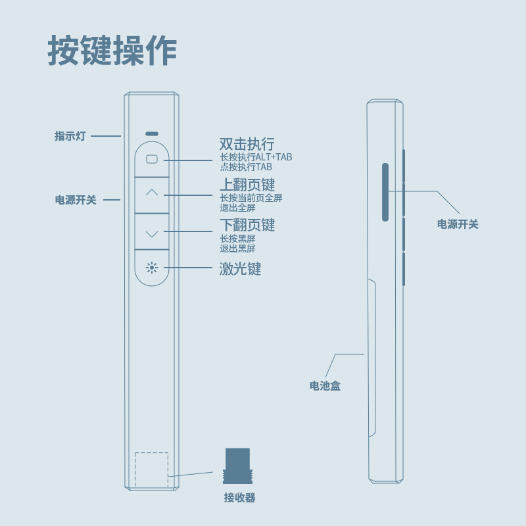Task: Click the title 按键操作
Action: pyautogui.click(x=112, y=51)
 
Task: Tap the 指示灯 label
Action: pyautogui.click(x=70, y=136)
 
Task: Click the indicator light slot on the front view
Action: pyautogui.click(x=152, y=133)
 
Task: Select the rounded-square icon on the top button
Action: pyautogui.click(x=152, y=159)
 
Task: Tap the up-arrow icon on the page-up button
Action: pyautogui.click(x=152, y=193)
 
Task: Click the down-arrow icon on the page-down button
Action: pyautogui.click(x=152, y=233)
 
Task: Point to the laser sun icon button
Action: pyautogui.click(x=152, y=268)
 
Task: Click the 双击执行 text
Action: pyautogui.click(x=247, y=144)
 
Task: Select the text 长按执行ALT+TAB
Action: pyautogui.click(x=256, y=157)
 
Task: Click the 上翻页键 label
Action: pyautogui.click(x=247, y=185)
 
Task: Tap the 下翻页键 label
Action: pyautogui.click(x=247, y=226)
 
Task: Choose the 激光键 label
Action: pyautogui.click(x=240, y=269)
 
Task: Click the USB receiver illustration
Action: pyautogui.click(x=237, y=467)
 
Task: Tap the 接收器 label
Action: pyautogui.click(x=239, y=498)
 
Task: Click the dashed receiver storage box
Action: pyautogui.click(x=151, y=470)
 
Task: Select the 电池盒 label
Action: pyautogui.click(x=325, y=386)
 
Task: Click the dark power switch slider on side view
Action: pyautogui.click(x=385, y=191)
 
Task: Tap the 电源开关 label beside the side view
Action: pyautogui.click(x=458, y=224)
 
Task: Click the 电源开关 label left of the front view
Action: pyautogui.click(x=76, y=200)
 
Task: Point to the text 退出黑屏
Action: pyautogui.click(x=237, y=249)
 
